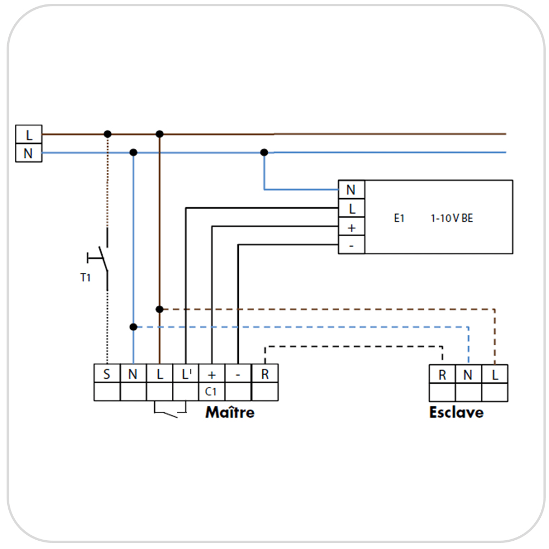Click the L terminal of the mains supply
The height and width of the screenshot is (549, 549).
[x=29, y=135]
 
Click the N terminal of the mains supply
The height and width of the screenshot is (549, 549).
[x=29, y=153]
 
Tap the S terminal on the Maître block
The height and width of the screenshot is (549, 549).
[x=107, y=374]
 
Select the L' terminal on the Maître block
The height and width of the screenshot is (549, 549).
[x=186, y=374]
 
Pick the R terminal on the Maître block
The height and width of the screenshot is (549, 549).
[x=265, y=374]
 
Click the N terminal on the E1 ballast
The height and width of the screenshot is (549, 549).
[x=351, y=190]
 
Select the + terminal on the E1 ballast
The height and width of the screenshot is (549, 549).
[x=351, y=227]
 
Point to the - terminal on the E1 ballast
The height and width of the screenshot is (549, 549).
[x=351, y=245]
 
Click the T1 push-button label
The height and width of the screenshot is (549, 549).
[x=85, y=278]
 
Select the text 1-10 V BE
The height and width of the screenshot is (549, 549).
[x=451, y=218]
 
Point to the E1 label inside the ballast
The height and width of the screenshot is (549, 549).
[x=399, y=218]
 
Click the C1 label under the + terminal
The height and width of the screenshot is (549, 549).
[x=212, y=392]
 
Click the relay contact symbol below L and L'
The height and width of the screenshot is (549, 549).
[x=171, y=410]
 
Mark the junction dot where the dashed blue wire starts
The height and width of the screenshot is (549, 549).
[x=133, y=327]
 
